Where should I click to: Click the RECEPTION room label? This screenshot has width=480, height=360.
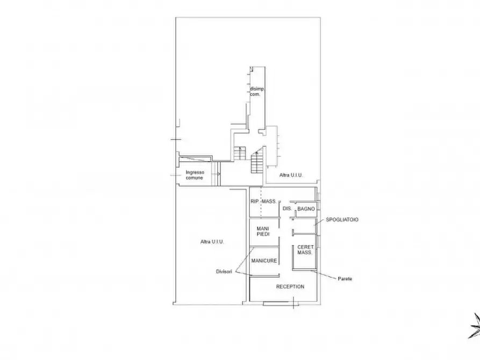click(290, 286)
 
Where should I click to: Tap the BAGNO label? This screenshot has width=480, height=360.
click(306, 209)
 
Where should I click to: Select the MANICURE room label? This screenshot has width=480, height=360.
click(264, 261)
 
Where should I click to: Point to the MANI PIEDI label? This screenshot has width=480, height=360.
click(263, 232)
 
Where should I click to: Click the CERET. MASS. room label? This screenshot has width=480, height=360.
click(305, 250)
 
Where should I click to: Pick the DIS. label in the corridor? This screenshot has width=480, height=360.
click(287, 208)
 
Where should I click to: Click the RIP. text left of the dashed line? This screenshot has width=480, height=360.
click(255, 201)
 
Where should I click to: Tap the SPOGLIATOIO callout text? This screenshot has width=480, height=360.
click(342, 219)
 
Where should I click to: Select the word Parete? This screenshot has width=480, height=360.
click(345, 278)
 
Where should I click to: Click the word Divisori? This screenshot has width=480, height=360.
click(224, 271)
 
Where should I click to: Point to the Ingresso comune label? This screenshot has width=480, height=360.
click(195, 175)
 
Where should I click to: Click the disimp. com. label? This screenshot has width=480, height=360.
click(256, 91)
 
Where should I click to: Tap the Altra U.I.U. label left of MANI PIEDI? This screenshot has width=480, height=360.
click(212, 242)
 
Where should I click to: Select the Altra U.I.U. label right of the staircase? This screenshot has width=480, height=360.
click(291, 175)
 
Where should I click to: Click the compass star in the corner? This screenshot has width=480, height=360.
click(475, 326)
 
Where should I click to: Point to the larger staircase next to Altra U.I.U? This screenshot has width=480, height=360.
click(257, 163)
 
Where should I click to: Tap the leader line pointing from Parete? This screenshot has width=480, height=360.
click(324, 274)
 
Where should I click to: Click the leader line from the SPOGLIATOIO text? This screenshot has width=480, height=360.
click(319, 222)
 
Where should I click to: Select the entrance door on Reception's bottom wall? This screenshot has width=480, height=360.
click(276, 304)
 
